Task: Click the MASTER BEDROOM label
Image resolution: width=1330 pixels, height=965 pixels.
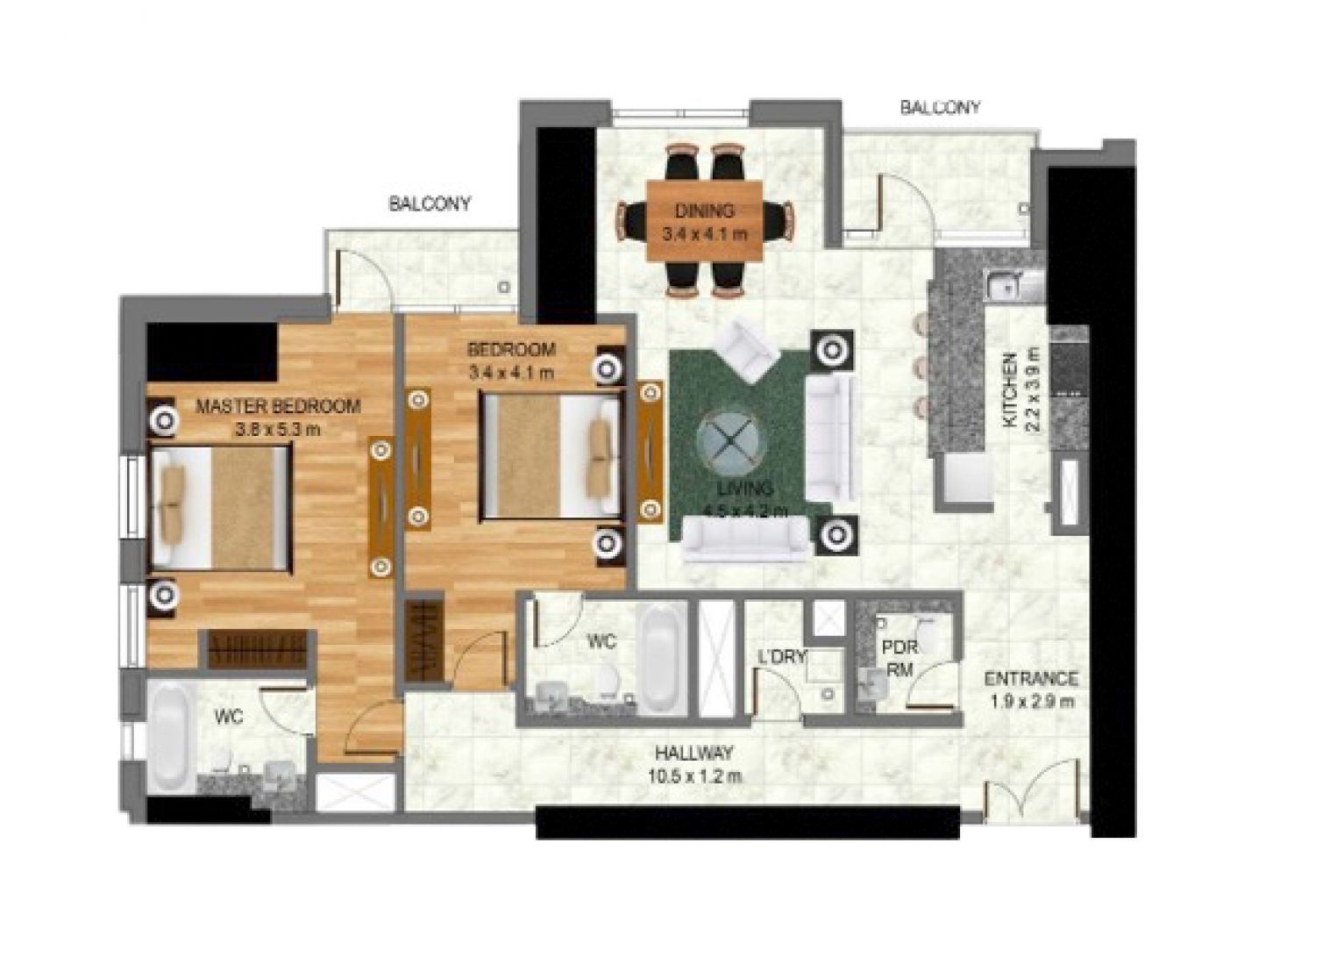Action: [x=278, y=407]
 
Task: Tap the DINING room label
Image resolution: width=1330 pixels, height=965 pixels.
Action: [x=704, y=211]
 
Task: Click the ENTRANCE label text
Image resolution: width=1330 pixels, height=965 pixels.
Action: [x=1031, y=679]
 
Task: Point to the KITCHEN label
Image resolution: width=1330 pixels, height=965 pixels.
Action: [x=1010, y=390]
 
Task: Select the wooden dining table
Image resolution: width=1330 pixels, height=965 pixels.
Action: [x=704, y=221]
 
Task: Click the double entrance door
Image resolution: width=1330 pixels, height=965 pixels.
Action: [x=1035, y=793]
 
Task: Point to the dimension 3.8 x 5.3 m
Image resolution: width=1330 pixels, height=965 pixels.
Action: [x=278, y=430]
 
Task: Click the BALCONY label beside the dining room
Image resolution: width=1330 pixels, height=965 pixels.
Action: [x=940, y=108]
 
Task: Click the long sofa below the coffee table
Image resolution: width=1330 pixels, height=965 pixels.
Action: [x=746, y=539]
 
